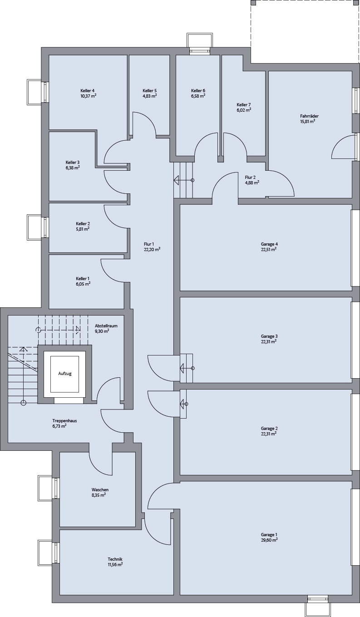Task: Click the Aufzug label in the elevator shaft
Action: tap(65, 374)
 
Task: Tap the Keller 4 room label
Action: tap(88, 91)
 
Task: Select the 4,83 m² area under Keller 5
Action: tap(150, 96)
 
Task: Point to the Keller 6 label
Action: tap(198, 91)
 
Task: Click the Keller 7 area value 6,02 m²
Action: tap(244, 110)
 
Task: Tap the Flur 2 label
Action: tap(251, 177)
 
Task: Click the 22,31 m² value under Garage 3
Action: tap(269, 341)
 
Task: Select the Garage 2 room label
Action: tap(269, 429)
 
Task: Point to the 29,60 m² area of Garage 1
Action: tap(269, 540)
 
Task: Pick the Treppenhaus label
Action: tap(65, 421)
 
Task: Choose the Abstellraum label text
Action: tap(106, 326)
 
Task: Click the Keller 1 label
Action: tap(83, 279)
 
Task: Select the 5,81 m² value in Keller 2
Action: tap(83, 229)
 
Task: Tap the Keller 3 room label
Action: tap(73, 162)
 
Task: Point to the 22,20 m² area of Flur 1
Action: tap(152, 249)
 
